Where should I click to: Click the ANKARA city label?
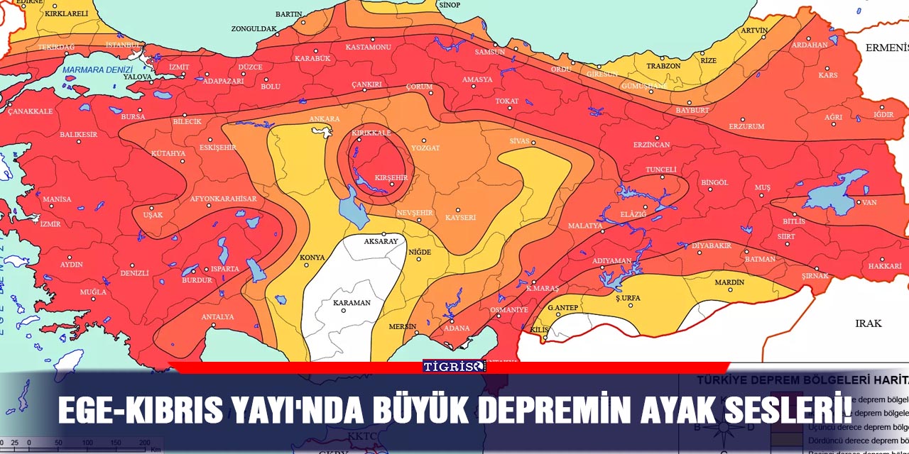325,118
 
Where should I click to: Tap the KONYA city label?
312,257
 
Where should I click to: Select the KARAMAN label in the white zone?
352,303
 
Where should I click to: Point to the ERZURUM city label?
747,126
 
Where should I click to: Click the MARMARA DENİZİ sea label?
98,70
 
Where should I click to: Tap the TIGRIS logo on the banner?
454,366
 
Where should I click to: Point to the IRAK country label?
868,323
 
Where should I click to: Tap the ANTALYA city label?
217,316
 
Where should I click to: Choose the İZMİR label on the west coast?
50,224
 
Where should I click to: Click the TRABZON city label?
663,66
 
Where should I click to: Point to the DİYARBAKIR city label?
712,245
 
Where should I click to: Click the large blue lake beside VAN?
838,192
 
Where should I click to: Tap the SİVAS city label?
520,141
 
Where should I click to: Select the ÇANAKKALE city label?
31,111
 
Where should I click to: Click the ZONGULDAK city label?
254,29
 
